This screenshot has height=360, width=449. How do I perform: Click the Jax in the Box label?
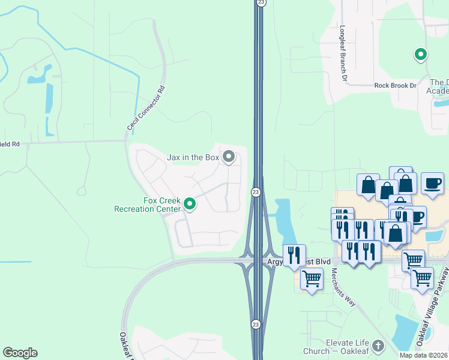click(x=193, y=158)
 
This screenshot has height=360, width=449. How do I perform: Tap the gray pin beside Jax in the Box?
click(x=229, y=157)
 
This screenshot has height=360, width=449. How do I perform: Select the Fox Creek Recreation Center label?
click(x=147, y=205)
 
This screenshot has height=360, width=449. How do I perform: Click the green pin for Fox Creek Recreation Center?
click(x=190, y=205)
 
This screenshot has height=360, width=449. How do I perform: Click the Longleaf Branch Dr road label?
click(x=344, y=53)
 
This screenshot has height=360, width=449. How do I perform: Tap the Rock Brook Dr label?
click(x=395, y=86)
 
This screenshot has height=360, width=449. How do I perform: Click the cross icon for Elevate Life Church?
click(x=378, y=346)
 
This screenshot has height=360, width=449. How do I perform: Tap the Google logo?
click(x=20, y=353)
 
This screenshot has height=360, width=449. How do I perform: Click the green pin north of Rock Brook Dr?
click(x=421, y=55)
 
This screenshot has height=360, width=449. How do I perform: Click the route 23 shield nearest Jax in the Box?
click(x=256, y=192)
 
